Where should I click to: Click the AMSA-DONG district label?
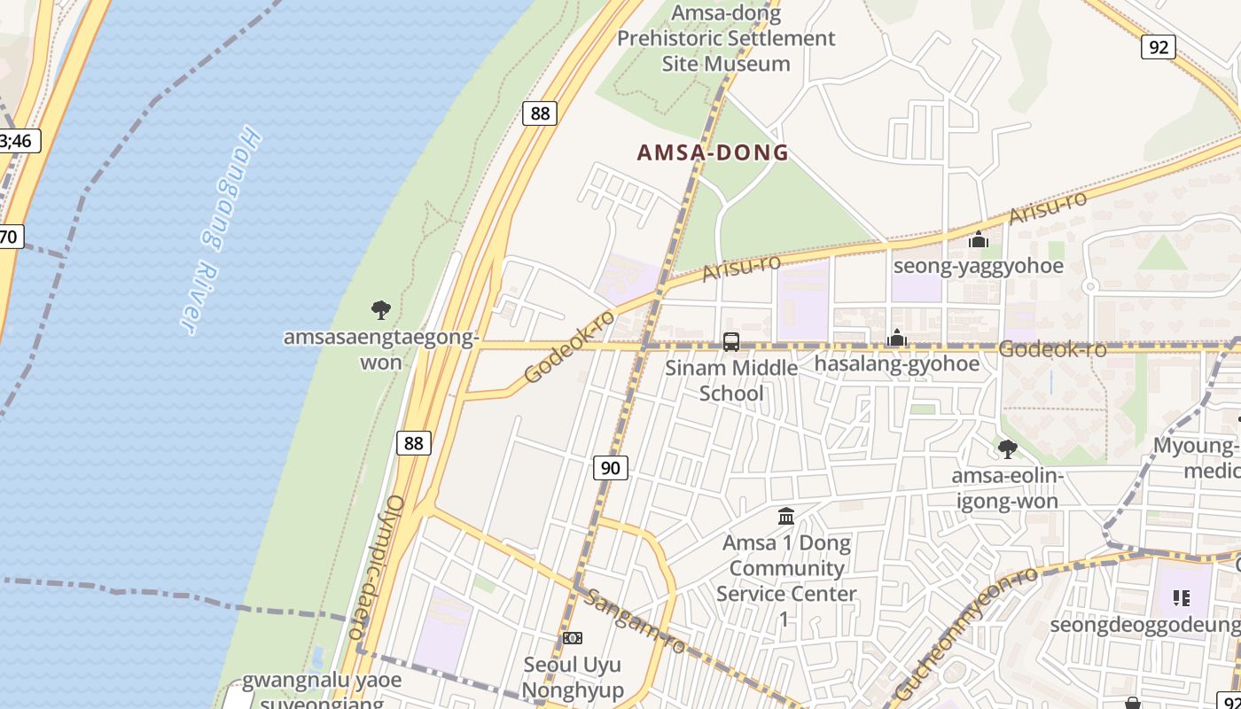pyautogui.click(x=713, y=152)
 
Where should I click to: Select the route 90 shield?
pyautogui.click(x=611, y=468)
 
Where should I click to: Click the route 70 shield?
pyautogui.click(x=9, y=237)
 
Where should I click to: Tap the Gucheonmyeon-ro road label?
pyautogui.click(x=965, y=633)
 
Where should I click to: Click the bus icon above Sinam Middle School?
pyautogui.click(x=731, y=342)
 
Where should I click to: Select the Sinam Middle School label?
pyautogui.click(x=731, y=380)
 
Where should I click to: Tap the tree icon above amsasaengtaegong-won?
pyautogui.click(x=381, y=310)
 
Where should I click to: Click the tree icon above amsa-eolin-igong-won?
pyautogui.click(x=1007, y=449)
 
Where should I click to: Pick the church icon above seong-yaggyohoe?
pyautogui.click(x=979, y=239)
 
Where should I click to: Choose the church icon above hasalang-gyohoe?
pyautogui.click(x=897, y=338)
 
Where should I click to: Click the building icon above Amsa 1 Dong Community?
pyautogui.click(x=786, y=516)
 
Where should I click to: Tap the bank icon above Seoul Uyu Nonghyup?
pyautogui.click(x=573, y=638)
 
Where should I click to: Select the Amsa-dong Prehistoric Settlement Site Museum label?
pyautogui.click(x=726, y=38)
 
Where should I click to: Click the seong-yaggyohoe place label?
pyautogui.click(x=978, y=266)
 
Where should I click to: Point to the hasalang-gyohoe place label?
pyautogui.click(x=897, y=363)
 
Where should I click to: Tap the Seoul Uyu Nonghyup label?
pyautogui.click(x=573, y=677)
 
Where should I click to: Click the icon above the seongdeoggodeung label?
pyautogui.click(x=1181, y=598)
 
